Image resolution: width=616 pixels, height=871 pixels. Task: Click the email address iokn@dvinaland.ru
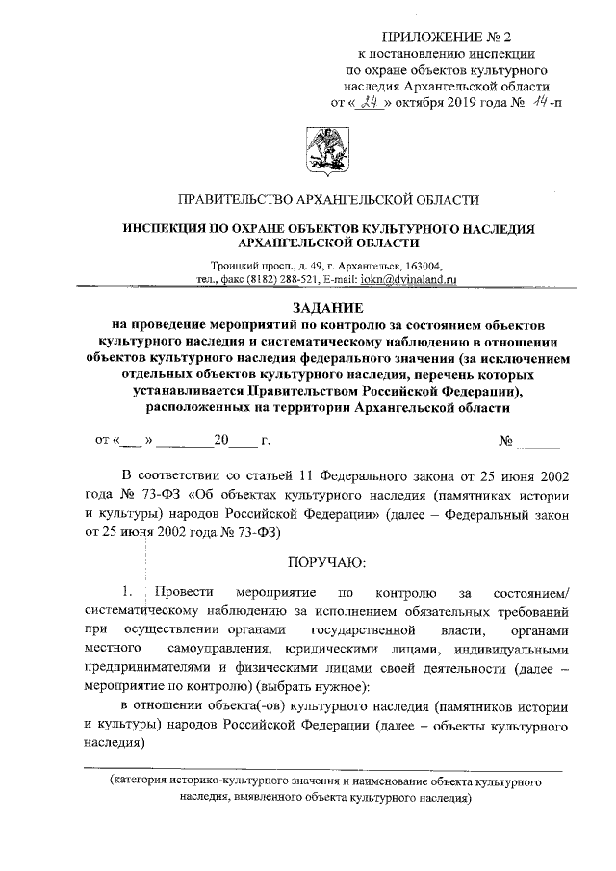pos(411,280)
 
